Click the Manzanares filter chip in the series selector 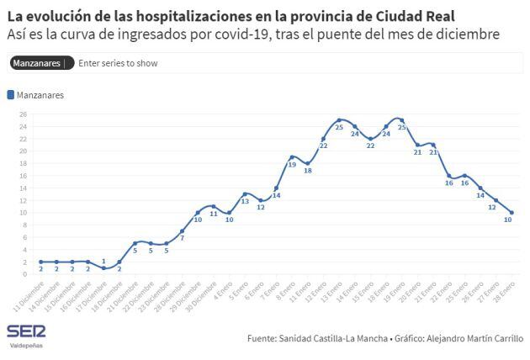click(x=39, y=63)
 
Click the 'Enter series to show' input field click(x=118, y=63)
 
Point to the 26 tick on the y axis click(x=23, y=114)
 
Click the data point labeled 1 click(x=103, y=267)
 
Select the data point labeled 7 click(x=182, y=230)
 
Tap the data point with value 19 click(x=292, y=156)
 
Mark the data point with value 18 click(x=308, y=163)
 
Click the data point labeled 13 click(x=245, y=193)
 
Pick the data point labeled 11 click(x=214, y=206)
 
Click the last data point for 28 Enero click(x=511, y=212)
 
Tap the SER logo click(x=25, y=331)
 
